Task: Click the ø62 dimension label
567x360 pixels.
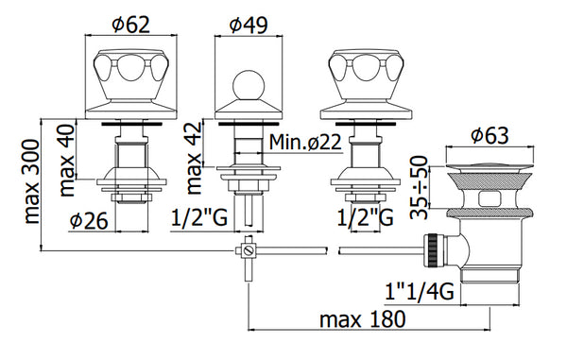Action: pyautogui.click(x=130, y=25)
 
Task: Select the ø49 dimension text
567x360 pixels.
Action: pyautogui.click(x=249, y=25)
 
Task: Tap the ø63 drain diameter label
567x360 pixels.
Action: pyautogui.click(x=490, y=135)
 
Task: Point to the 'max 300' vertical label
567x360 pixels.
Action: pyautogui.click(x=32, y=181)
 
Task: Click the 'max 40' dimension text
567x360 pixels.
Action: pyautogui.click(x=67, y=160)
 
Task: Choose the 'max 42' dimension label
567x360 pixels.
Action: pyautogui.click(x=194, y=158)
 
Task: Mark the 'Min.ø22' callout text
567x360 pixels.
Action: pyautogui.click(x=305, y=142)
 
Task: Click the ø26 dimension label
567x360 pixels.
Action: pyautogui.click(x=89, y=220)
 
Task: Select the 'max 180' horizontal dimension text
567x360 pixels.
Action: pyautogui.click(x=362, y=319)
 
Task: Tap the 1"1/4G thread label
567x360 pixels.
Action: pyautogui.click(x=420, y=291)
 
